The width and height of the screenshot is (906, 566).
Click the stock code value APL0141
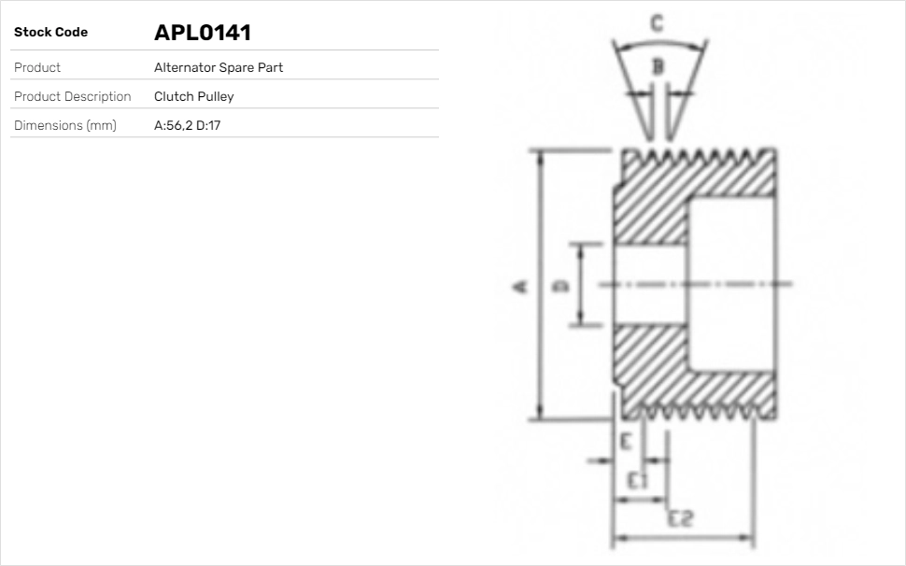(203, 33)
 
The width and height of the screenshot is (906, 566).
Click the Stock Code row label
(50, 33)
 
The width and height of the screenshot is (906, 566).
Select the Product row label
(37, 68)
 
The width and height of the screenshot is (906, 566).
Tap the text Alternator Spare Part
(218, 68)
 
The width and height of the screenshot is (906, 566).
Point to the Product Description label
(72, 97)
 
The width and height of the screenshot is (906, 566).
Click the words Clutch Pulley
(193, 97)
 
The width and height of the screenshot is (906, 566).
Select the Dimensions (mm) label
(64, 126)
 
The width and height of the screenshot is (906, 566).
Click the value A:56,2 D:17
(187, 126)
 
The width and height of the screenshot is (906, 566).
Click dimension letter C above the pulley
(657, 23)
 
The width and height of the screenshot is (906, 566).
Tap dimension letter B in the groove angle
(658, 65)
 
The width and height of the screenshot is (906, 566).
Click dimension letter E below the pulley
(627, 441)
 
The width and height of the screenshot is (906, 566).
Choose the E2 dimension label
(680, 519)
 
